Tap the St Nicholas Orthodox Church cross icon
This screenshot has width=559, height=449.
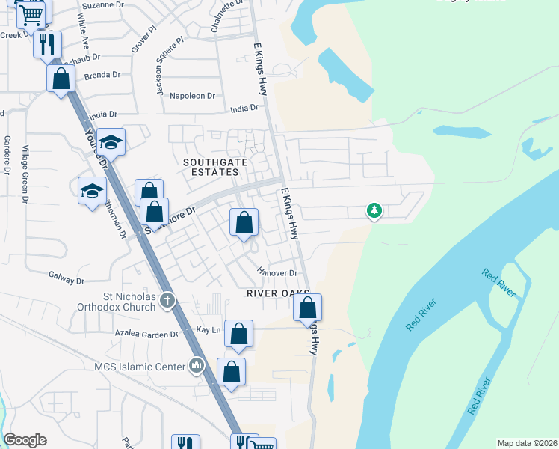pos(168,301)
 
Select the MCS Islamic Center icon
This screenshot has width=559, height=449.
pos(197,366)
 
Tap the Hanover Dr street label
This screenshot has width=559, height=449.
pos(277,273)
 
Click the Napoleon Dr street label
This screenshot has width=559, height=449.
pos(192,96)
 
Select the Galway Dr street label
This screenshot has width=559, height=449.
pos(66,281)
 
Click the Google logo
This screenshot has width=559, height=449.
pos(25,440)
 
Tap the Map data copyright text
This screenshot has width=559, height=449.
pos(526,443)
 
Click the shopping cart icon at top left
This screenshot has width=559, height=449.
pos(31,13)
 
